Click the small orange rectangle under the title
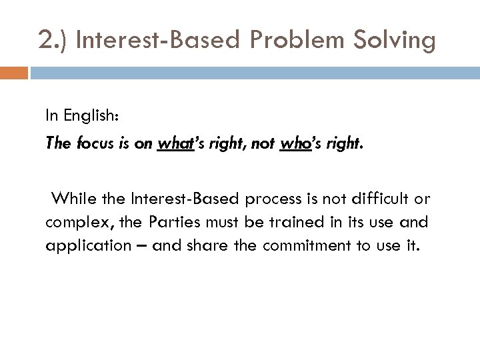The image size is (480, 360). point(14,71)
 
